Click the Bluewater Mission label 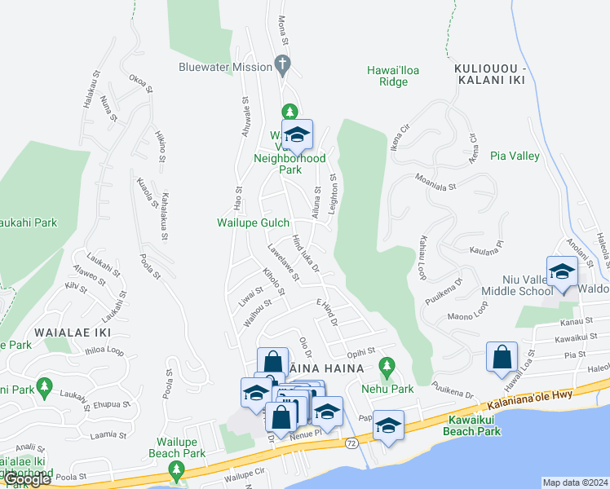[226, 66]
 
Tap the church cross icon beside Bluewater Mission [283, 64]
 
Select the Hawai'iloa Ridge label [393, 76]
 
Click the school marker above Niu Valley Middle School [562, 272]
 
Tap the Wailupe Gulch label [254, 222]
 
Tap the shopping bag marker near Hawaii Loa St [502, 357]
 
